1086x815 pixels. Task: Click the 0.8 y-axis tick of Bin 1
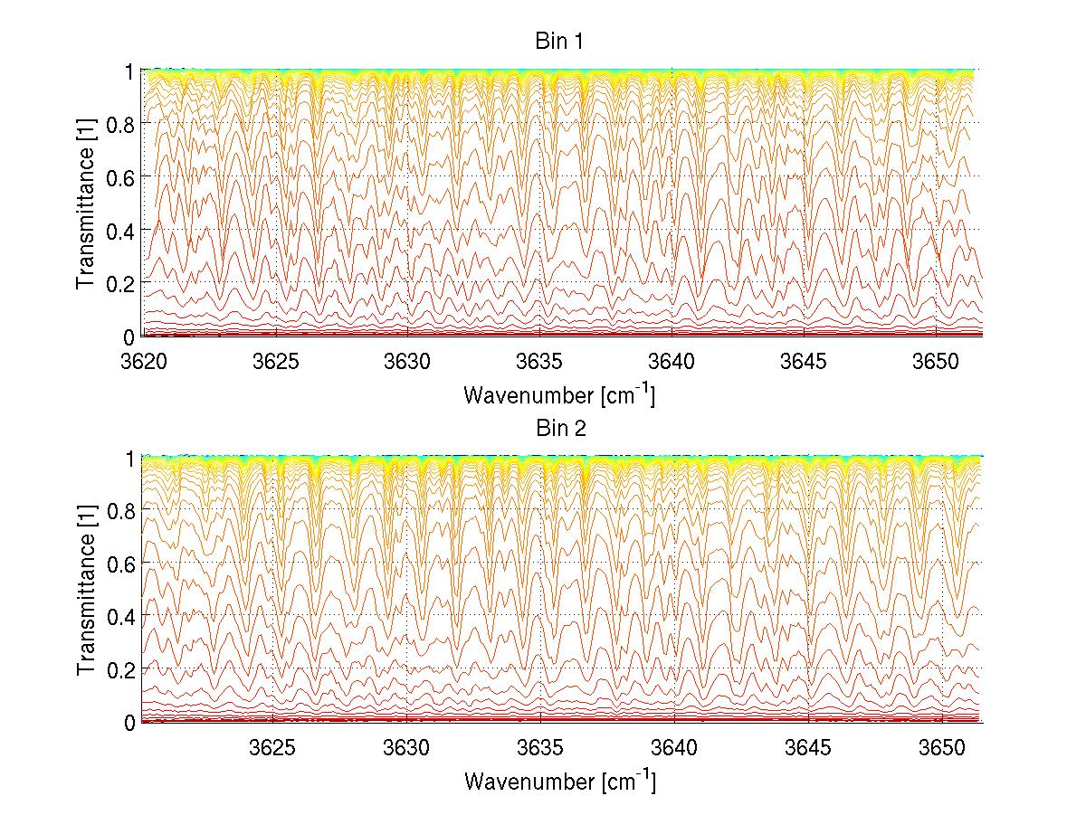pos(123,123)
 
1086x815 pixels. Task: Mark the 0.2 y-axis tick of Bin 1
pos(123,282)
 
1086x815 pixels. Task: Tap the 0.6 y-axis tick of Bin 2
pos(123,563)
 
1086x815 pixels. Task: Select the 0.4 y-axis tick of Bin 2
pos(123,616)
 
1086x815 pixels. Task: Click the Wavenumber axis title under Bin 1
pos(558,394)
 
